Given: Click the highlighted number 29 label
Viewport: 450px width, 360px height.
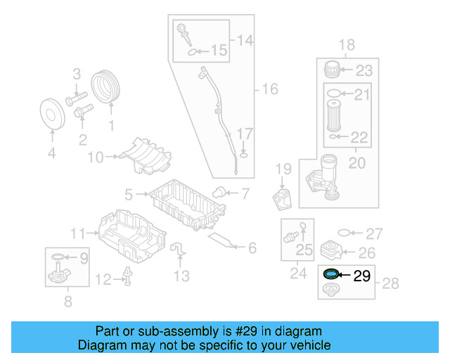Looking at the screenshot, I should tap(361, 276).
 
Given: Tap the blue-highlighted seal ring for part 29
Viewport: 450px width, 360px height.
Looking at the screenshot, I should tap(330, 274).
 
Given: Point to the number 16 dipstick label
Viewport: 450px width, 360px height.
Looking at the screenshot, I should tap(270, 89).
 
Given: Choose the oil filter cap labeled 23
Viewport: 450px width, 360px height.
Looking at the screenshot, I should tap(333, 70).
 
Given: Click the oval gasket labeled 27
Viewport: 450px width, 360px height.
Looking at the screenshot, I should tap(345, 233).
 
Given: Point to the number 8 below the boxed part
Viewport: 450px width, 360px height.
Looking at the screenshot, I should tap(67, 303).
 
